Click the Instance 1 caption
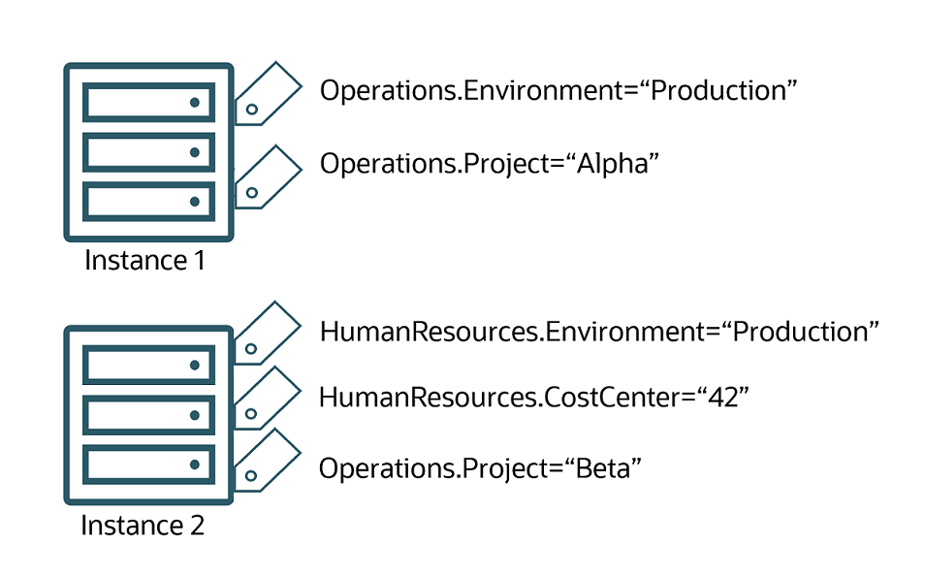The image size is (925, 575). coord(144,261)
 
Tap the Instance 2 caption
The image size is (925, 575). coord(143,526)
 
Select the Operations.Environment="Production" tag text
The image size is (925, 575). coord(558,90)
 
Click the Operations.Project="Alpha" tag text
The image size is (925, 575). coord(490,163)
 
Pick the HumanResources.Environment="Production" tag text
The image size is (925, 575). coord(599,332)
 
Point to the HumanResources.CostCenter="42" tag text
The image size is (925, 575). coord(534,397)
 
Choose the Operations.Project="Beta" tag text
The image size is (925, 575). coord(481,468)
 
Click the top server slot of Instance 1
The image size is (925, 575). coord(148,102)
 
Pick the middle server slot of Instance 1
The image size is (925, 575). coord(148,151)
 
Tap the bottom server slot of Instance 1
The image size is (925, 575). coord(148,201)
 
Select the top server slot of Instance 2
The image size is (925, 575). coord(148,365)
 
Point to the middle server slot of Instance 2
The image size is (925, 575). coord(148,415)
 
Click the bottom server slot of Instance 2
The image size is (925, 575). coord(148,464)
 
